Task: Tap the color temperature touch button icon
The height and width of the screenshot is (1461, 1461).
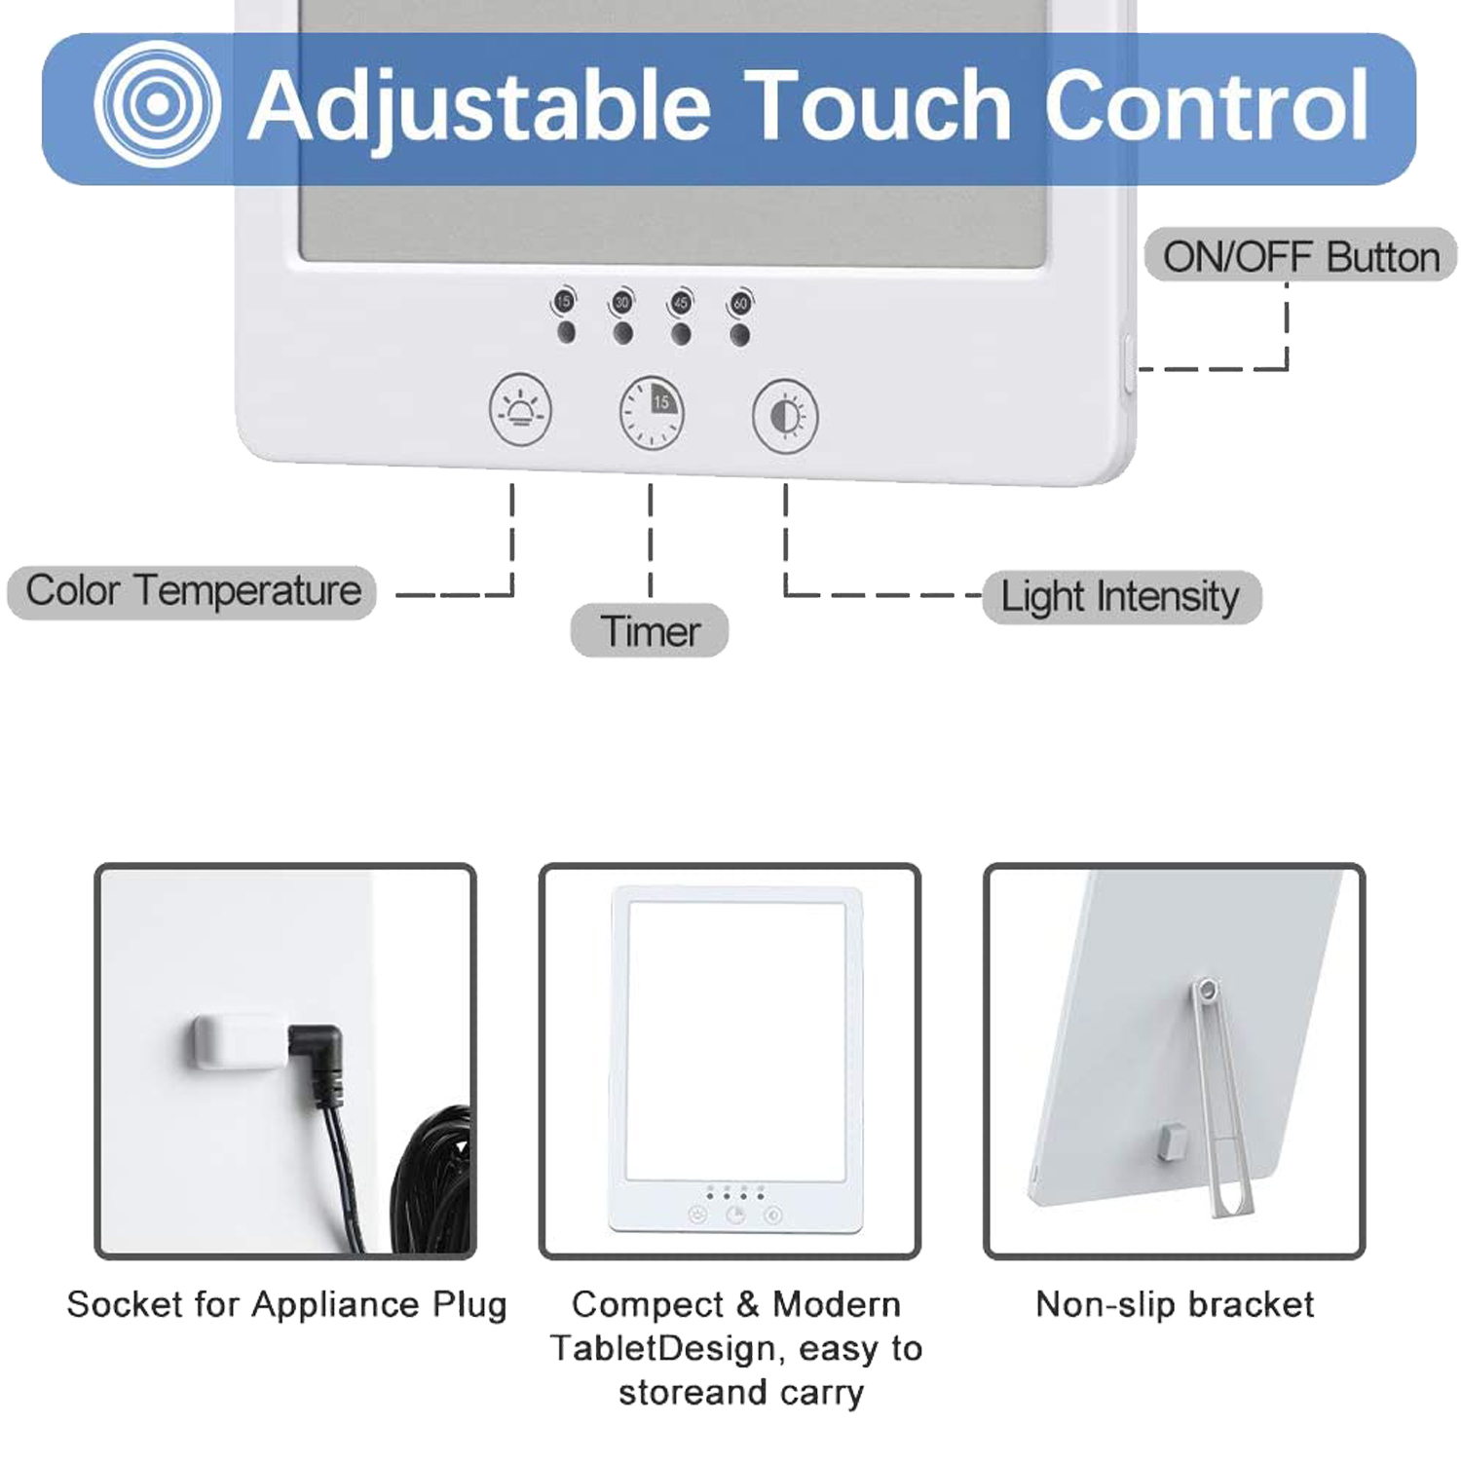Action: click(520, 410)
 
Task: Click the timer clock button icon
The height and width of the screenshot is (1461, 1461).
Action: click(652, 412)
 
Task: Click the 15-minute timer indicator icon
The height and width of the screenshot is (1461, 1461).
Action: click(564, 300)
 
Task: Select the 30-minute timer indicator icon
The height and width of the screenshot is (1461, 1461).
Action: click(621, 301)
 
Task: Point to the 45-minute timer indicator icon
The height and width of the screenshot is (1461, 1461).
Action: click(680, 302)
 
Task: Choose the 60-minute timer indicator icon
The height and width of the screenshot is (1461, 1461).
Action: click(740, 303)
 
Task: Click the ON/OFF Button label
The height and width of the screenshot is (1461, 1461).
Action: click(1300, 256)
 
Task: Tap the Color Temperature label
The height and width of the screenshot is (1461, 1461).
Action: click(192, 591)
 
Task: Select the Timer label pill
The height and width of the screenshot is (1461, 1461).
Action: click(650, 631)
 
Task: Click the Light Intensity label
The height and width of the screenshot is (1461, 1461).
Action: click(1121, 596)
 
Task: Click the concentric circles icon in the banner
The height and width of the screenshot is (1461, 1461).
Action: click(156, 103)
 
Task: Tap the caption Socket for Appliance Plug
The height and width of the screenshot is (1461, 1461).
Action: click(286, 1304)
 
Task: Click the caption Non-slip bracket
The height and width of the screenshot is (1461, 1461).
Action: click(1175, 1303)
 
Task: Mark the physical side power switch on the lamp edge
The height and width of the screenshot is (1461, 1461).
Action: click(1129, 363)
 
